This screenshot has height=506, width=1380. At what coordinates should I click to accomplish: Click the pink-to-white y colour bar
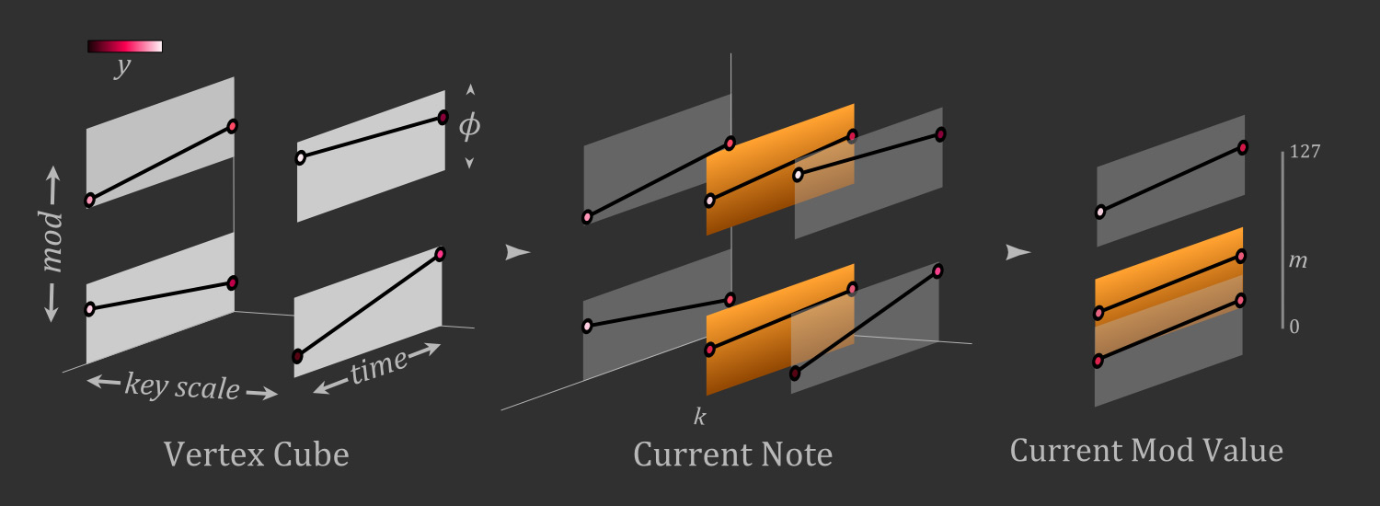(125, 46)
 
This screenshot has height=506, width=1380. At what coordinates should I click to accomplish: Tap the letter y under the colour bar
(123, 66)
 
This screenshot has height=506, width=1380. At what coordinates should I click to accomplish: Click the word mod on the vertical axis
(52, 241)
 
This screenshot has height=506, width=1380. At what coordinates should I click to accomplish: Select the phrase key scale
(182, 386)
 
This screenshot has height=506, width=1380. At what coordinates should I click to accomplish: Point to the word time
(379, 367)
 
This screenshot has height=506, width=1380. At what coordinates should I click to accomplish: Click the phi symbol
(469, 126)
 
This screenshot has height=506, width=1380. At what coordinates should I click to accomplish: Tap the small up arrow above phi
(471, 89)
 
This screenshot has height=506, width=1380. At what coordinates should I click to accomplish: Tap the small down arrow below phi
(469, 163)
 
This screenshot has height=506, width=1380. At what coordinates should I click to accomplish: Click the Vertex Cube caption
(257, 454)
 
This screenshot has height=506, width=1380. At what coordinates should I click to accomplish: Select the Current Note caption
(733, 454)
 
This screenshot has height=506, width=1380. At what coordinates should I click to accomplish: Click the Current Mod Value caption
(1146, 450)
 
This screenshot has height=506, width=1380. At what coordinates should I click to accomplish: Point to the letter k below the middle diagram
(700, 417)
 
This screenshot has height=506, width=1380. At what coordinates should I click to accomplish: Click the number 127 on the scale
(1305, 152)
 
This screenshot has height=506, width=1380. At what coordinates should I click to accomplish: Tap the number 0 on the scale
(1294, 327)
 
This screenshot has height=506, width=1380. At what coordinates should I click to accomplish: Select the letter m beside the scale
(1298, 260)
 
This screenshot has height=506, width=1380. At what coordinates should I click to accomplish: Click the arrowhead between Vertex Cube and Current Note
(517, 252)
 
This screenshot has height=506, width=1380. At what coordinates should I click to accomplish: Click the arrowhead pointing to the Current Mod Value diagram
(1018, 252)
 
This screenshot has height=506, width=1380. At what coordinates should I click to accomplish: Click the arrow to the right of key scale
(262, 393)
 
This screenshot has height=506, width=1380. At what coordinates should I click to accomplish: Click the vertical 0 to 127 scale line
(1283, 240)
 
